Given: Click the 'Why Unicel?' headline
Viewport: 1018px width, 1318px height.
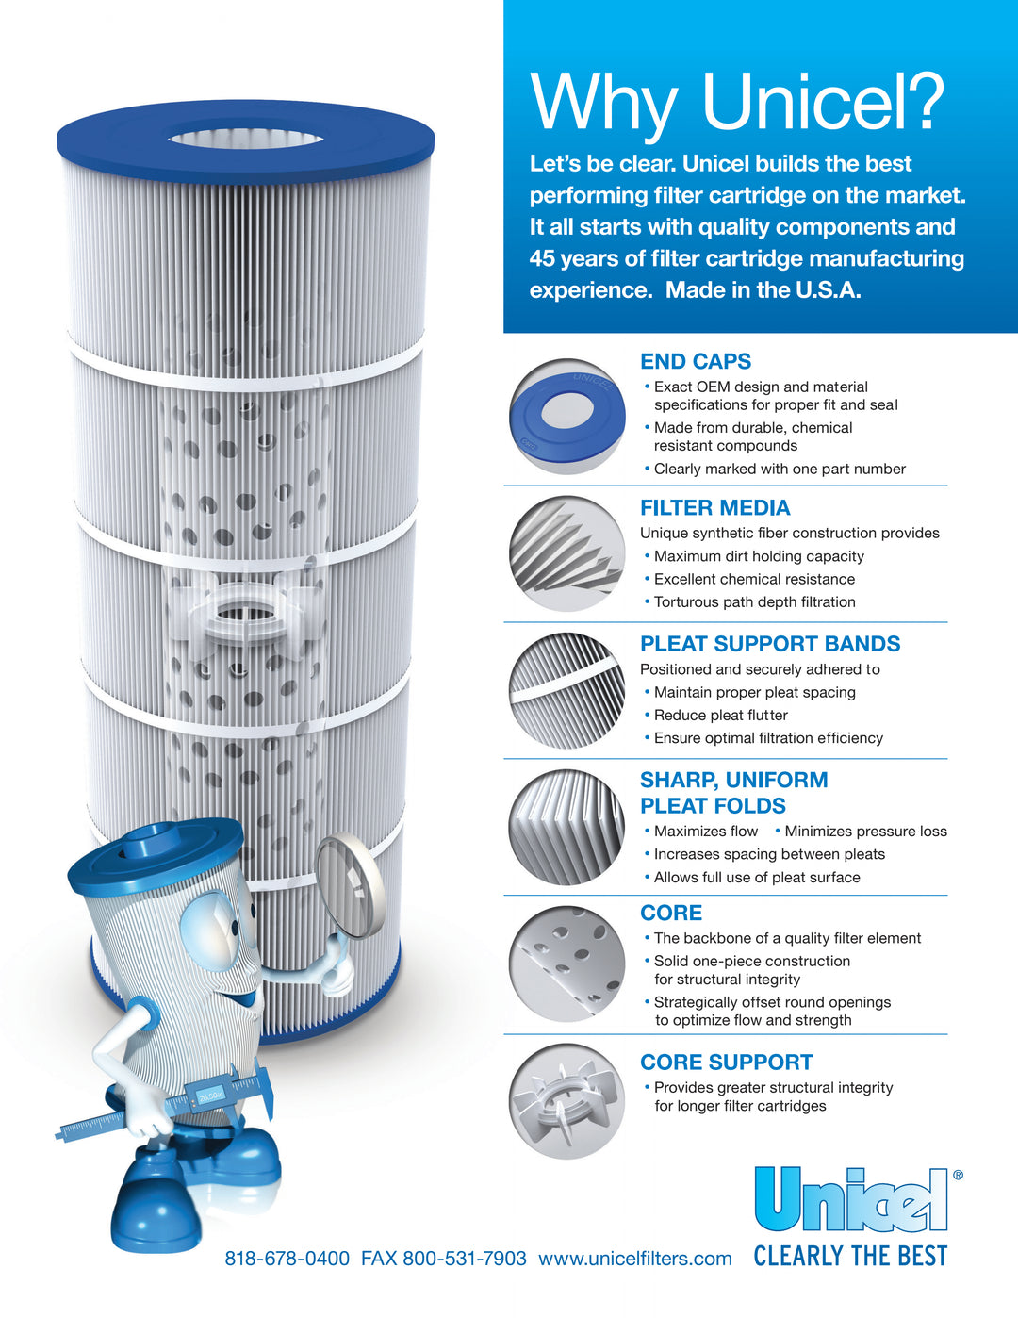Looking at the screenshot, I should pyautogui.click(x=736, y=102).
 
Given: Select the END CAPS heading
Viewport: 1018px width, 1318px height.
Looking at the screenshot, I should pyautogui.click(x=696, y=361).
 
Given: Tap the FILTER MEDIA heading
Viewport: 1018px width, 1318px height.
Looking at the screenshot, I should pyautogui.click(x=714, y=508).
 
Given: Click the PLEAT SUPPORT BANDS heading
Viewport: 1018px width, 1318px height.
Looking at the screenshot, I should pyautogui.click(x=770, y=644).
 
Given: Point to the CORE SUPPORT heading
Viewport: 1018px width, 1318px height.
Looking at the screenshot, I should pyautogui.click(x=726, y=1063).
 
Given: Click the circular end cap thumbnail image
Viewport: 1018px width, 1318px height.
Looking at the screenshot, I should pyautogui.click(x=567, y=416).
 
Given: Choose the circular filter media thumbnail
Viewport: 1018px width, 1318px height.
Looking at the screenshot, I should pyautogui.click(x=567, y=554).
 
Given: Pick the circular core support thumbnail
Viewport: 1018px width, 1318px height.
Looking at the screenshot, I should pyautogui.click(x=567, y=1101).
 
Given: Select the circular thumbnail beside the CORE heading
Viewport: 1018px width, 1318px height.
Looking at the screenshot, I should pyautogui.click(x=567, y=964).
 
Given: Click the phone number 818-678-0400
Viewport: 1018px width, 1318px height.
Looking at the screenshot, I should pyautogui.click(x=287, y=1259).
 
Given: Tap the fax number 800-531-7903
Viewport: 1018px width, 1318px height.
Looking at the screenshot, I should pyautogui.click(x=465, y=1259).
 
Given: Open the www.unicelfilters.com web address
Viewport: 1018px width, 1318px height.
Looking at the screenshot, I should pyautogui.click(x=635, y=1259).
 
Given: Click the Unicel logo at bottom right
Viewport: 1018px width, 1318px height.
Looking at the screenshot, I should pyautogui.click(x=851, y=1199).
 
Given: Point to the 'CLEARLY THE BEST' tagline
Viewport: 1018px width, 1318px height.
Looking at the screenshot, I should pyautogui.click(x=850, y=1256).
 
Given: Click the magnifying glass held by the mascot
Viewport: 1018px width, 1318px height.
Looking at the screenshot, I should pyautogui.click(x=350, y=886).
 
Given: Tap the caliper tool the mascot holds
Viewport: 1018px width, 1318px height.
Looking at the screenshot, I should pyautogui.click(x=170, y=1108).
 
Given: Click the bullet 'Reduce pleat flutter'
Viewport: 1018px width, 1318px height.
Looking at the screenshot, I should pyautogui.click(x=720, y=716).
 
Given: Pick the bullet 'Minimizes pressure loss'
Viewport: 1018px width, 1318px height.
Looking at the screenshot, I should pyautogui.click(x=865, y=832).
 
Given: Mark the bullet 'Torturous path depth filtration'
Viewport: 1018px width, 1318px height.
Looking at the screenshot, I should pyautogui.click(x=754, y=602).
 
